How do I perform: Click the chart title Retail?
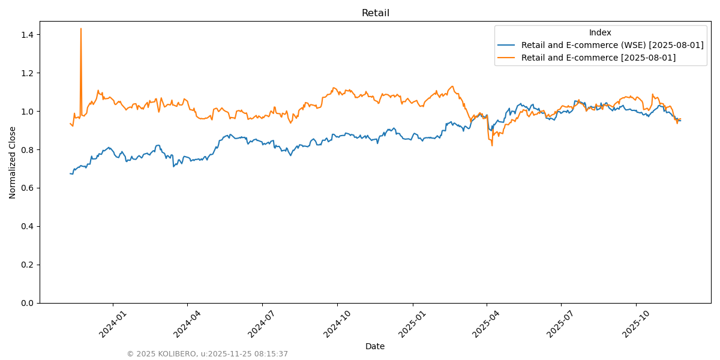pos(375,13)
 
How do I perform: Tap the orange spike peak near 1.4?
pos(81,29)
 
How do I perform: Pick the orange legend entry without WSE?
pos(598,58)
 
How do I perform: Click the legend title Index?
pos(600,32)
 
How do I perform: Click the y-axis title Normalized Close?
pos(13,162)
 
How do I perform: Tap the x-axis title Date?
pos(375,346)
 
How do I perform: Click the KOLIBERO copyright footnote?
pos(207,354)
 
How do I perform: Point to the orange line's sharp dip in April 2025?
pos(492,145)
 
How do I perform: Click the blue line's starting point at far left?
pos(70,173)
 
